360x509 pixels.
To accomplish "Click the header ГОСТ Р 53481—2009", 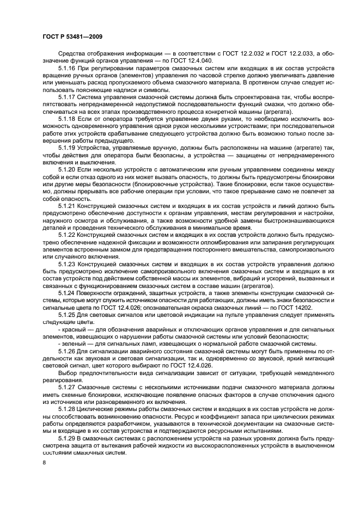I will [73, 36].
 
